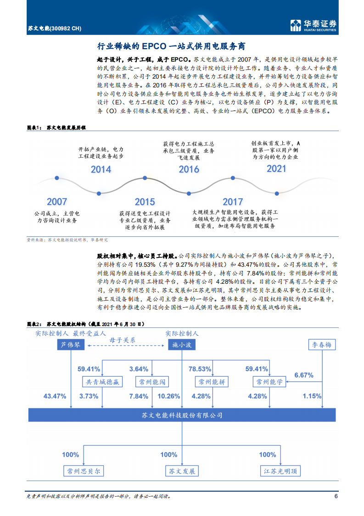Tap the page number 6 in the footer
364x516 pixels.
[336, 496]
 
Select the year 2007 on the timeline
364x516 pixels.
[56, 201]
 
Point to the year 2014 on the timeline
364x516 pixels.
[101, 169]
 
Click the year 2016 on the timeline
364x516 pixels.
[189, 169]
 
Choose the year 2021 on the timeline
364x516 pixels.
[276, 169]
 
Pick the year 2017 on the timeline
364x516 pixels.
[233, 201]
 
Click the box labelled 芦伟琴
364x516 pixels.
[71, 344]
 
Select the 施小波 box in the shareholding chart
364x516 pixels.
[181, 344]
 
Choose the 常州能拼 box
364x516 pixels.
[212, 382]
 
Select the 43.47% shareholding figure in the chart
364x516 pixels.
[55, 396]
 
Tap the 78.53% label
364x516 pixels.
[200, 369]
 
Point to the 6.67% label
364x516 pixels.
[304, 375]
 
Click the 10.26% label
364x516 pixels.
[169, 396]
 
